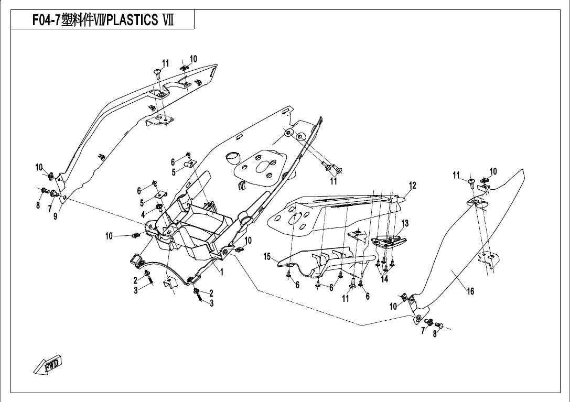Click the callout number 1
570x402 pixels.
tap(222, 272)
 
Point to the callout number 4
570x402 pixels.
tap(143, 214)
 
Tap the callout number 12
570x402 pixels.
tap(413, 186)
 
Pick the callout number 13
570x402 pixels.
tap(405, 223)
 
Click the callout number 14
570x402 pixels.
tap(384, 279)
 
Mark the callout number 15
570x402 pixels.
tap(267, 256)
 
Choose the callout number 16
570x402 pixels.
tap(470, 291)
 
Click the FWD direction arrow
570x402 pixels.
tap(48, 364)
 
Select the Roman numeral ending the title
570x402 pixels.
tap(169, 20)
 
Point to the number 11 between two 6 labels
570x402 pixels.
tap(346, 298)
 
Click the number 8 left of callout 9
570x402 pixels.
tap(38, 205)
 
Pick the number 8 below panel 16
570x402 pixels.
tap(435, 334)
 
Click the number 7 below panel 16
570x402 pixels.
tap(423, 330)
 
